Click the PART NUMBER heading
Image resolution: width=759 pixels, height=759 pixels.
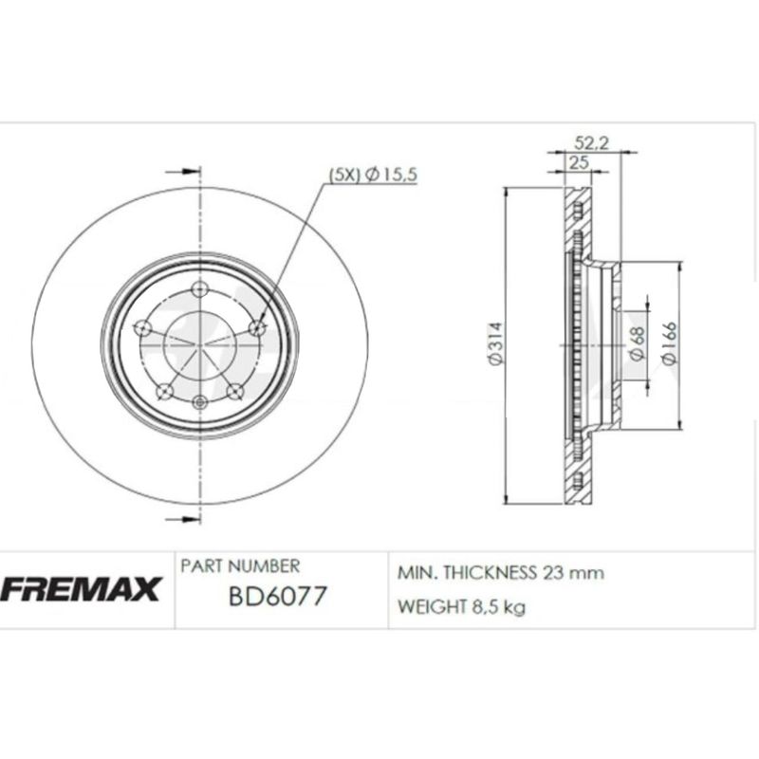click(x=240, y=566)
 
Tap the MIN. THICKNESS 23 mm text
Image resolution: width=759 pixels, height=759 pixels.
click(x=500, y=573)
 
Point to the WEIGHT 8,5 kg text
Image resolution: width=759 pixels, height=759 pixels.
click(x=460, y=608)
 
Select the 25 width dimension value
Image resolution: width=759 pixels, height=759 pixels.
click(x=574, y=163)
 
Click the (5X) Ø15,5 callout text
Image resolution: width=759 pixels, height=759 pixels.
click(x=373, y=174)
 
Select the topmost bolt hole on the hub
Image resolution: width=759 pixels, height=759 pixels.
click(x=198, y=289)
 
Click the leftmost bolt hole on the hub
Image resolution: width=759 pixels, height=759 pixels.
click(x=143, y=328)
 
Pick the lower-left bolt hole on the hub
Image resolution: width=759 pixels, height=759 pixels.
click(x=164, y=389)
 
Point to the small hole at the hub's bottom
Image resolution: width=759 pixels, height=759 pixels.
click(x=198, y=402)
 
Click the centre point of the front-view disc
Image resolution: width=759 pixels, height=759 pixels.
click(x=198, y=346)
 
